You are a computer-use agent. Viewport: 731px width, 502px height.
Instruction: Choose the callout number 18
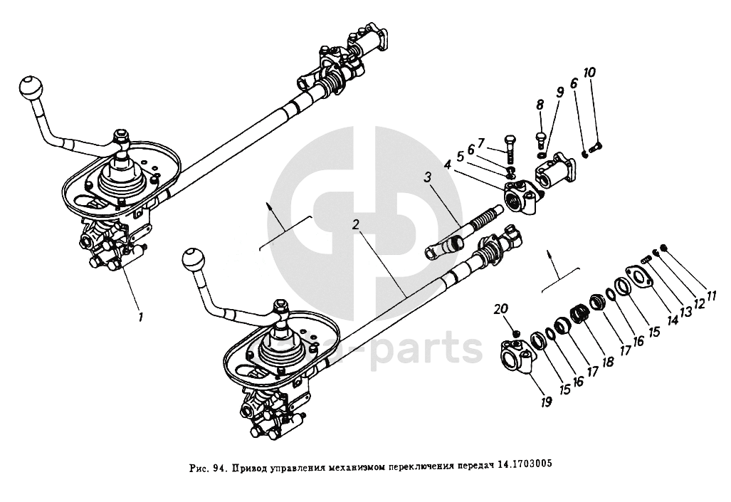pyautogui.click(x=607, y=361)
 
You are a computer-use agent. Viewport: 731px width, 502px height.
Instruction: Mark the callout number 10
pyautogui.click(x=590, y=73)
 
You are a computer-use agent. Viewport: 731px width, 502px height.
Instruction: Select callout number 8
pyautogui.click(x=540, y=105)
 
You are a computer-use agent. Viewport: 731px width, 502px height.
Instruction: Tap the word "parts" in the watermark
pyautogui.click(x=435, y=350)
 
